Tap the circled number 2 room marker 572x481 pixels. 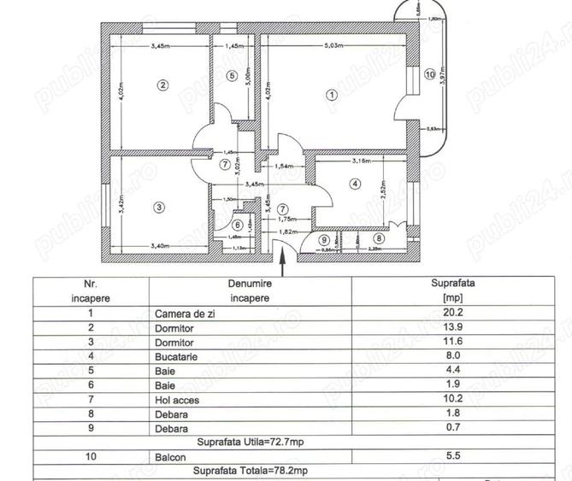162,84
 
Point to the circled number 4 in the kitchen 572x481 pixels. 354,182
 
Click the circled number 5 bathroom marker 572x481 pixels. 231,75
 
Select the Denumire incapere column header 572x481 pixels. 250,291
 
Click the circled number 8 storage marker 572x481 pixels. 380,239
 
